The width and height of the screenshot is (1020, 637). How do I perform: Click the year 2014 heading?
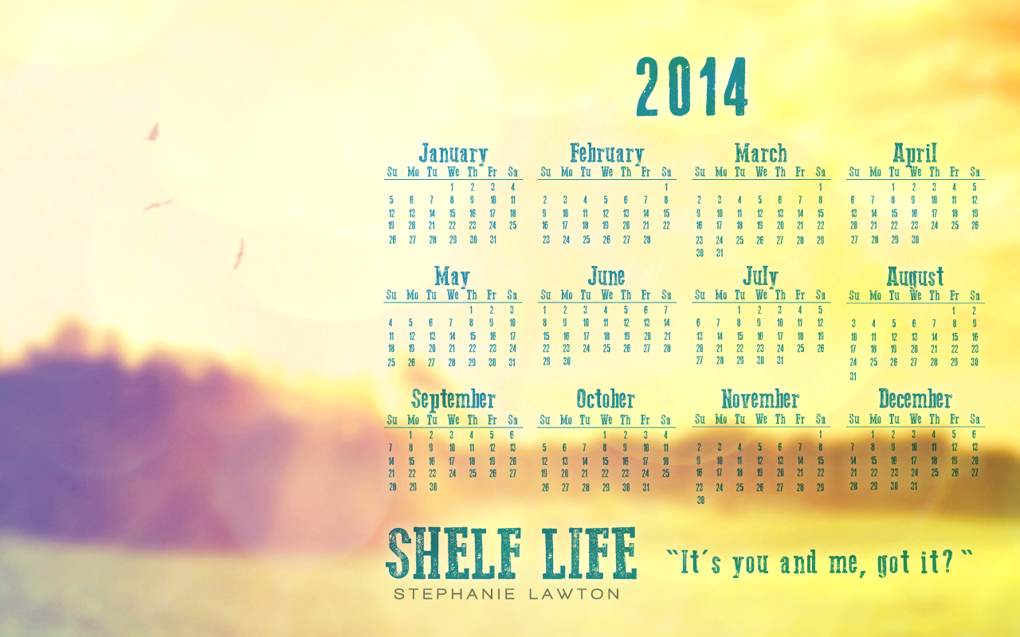point(692,87)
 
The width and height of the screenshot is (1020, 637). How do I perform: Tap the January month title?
point(453,154)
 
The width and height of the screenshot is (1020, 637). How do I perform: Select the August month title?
point(915,276)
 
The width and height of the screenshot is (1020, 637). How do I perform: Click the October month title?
point(606,399)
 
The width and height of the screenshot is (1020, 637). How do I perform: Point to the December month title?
point(916,399)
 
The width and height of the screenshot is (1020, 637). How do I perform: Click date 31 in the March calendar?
point(720,253)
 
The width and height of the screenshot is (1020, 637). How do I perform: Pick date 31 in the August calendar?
point(853,377)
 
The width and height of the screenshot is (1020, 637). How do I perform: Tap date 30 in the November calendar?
point(700,500)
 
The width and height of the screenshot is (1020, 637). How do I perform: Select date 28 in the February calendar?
point(646,240)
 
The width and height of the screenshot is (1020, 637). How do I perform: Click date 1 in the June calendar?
point(544,310)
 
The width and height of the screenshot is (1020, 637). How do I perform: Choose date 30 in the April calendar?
point(916,240)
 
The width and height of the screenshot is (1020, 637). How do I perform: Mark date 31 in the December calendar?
point(914,486)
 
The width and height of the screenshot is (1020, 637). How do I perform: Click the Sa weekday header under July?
point(821,295)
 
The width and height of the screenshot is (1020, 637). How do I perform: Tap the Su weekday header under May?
point(391,295)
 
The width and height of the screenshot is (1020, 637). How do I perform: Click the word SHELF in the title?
point(454,553)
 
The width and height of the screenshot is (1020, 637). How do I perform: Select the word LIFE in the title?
point(590,553)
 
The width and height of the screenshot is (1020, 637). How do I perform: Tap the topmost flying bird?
point(153,132)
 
